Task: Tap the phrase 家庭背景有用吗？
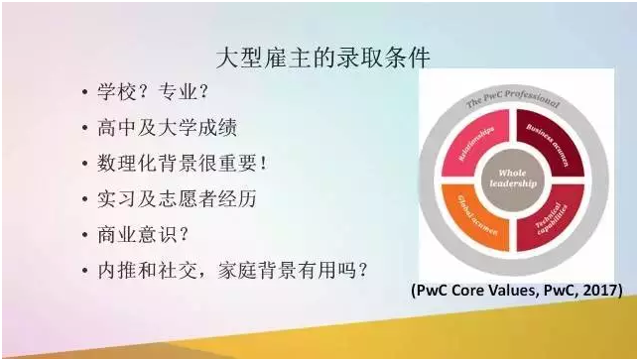tap(299, 269)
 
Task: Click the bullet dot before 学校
tap(85, 94)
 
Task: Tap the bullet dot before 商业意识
tap(85, 234)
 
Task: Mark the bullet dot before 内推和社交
tap(85, 270)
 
